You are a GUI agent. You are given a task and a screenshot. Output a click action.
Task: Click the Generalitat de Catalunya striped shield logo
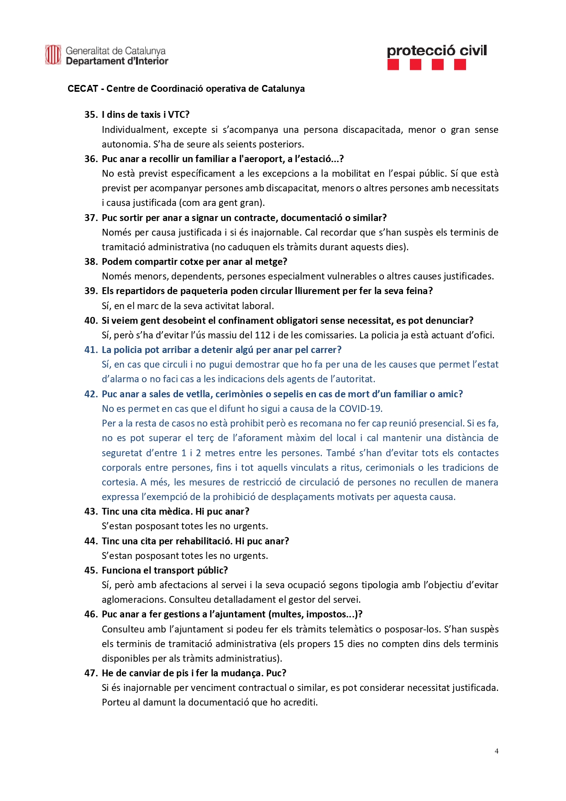point(53,55)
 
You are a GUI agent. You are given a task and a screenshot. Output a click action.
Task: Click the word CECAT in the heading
point(83,89)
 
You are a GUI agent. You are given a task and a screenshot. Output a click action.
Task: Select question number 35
point(91,115)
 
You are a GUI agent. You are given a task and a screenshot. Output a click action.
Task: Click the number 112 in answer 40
point(262,335)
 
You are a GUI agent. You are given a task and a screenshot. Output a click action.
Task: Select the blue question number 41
point(91,350)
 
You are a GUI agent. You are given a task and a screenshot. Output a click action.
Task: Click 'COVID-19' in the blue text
point(360,409)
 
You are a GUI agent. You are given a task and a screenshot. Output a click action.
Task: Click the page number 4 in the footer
point(497,751)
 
